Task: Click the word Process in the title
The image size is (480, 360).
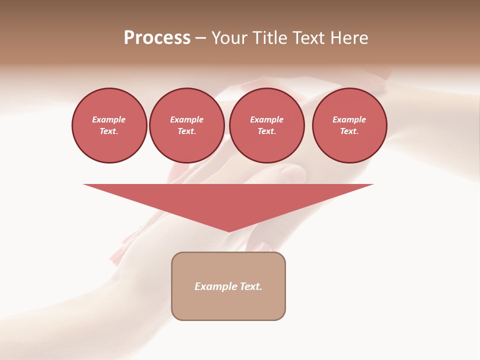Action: coord(157,38)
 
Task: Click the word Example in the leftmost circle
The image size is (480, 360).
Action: coord(109,119)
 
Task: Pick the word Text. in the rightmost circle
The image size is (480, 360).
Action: coord(349,131)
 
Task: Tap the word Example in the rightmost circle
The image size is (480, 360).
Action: coord(349,119)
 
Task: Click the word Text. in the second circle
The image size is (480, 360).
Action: coord(186,131)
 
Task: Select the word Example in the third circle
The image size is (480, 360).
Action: coord(266,119)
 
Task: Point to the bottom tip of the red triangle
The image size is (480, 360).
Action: coord(229,231)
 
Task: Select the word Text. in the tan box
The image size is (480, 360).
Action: coord(250,286)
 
